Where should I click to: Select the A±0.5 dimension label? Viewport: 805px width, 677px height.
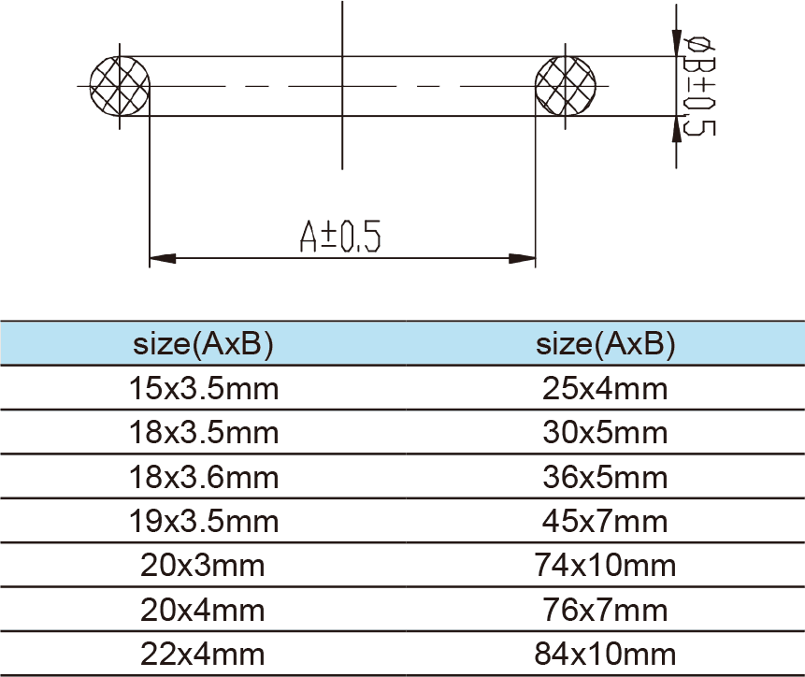(x=340, y=237)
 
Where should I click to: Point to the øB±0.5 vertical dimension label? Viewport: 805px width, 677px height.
(x=699, y=86)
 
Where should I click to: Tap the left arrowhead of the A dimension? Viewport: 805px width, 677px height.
(x=163, y=258)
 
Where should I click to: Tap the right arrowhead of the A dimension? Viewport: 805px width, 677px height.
(x=522, y=258)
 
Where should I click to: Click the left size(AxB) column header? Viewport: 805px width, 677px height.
(x=203, y=343)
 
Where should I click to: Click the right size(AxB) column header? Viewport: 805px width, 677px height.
(x=605, y=343)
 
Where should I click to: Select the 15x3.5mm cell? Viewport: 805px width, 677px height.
(x=203, y=389)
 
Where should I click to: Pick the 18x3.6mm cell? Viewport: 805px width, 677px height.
(x=203, y=477)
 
